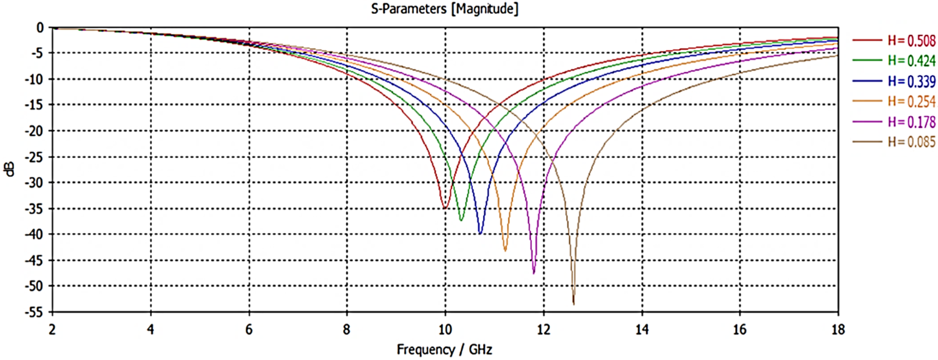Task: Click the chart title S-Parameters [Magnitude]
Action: (x=445, y=9)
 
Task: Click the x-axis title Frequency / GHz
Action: (x=445, y=349)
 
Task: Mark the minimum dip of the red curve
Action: (x=445, y=208)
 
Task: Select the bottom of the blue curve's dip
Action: (x=480, y=233)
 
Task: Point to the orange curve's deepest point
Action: (x=505, y=251)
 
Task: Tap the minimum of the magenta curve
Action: (x=534, y=273)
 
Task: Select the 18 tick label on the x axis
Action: (x=838, y=330)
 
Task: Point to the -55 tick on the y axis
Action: (x=34, y=312)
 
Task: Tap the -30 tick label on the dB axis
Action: (x=34, y=183)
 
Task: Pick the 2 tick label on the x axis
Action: (x=52, y=330)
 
